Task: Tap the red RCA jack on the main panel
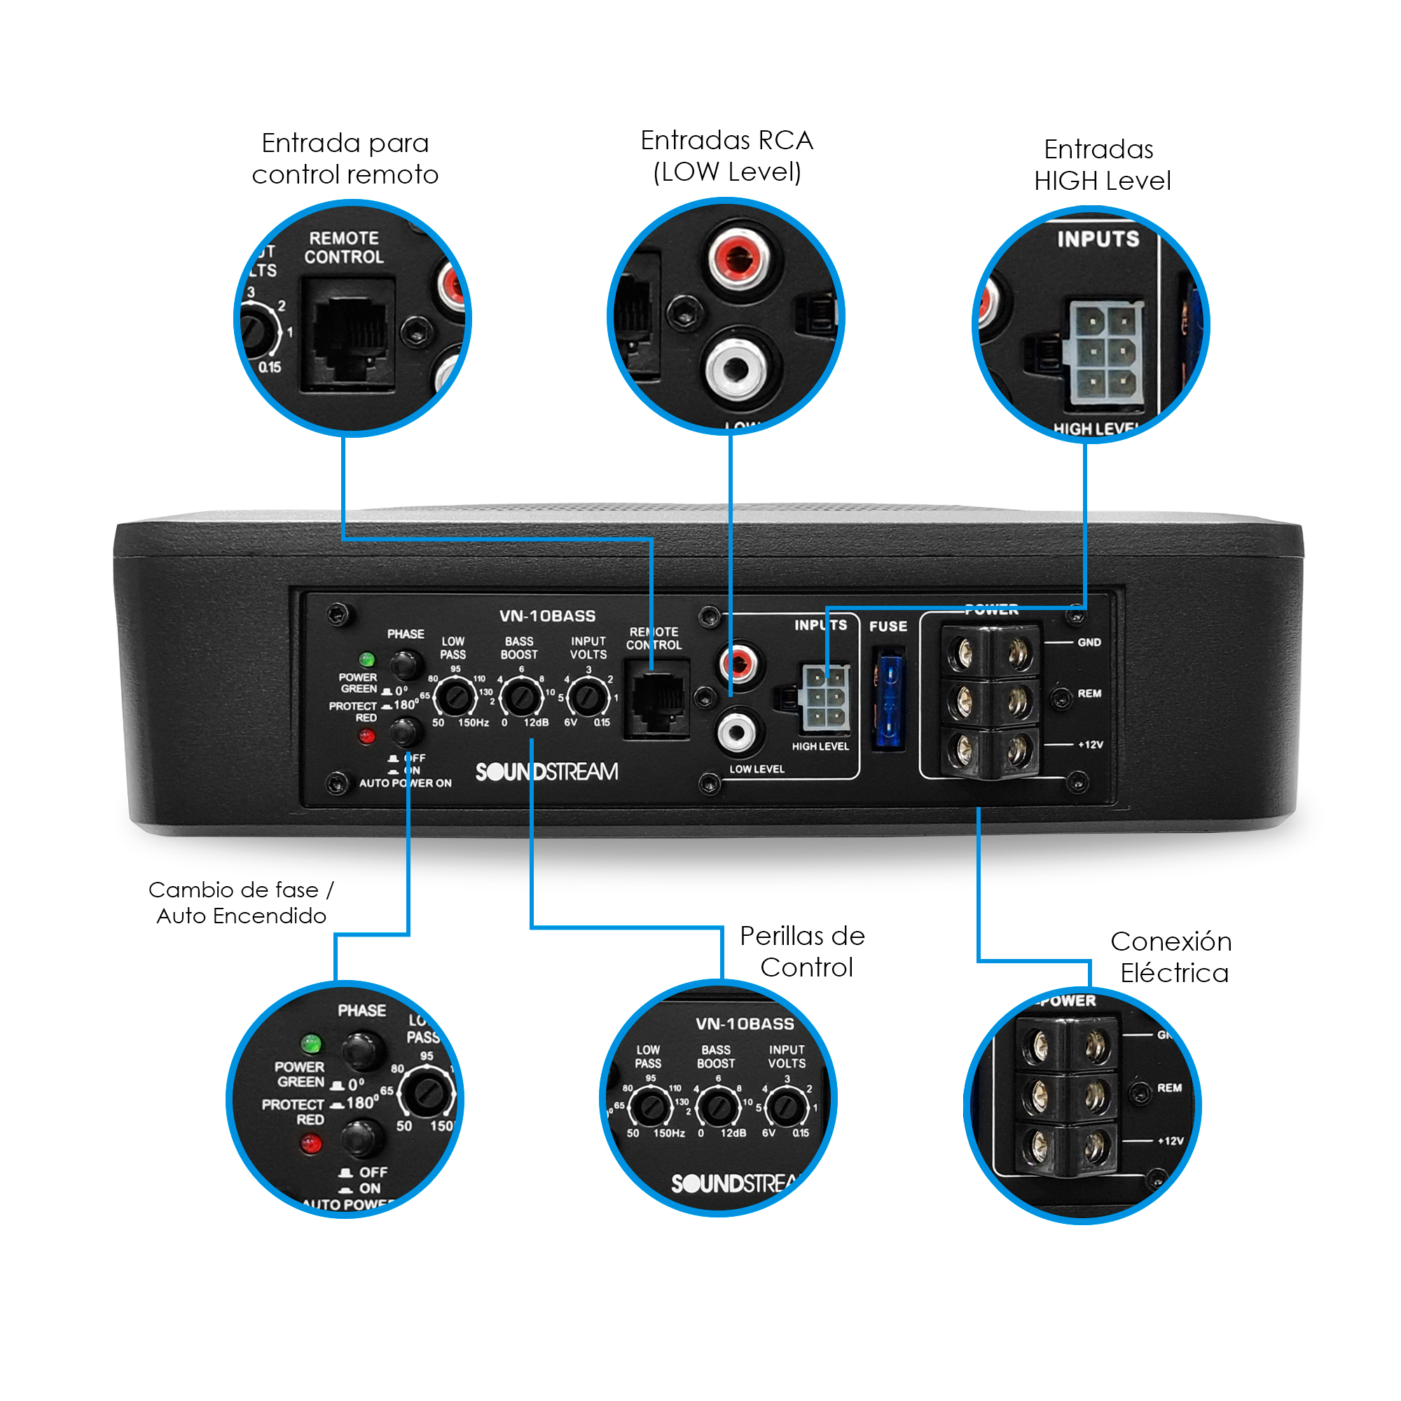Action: [738, 663]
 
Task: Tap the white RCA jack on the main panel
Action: [737, 732]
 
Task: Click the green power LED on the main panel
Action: [367, 660]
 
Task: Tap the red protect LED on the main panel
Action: [367, 737]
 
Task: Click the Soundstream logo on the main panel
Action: [547, 771]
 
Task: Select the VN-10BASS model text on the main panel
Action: [548, 616]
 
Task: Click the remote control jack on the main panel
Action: [657, 700]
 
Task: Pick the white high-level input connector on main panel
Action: [825, 698]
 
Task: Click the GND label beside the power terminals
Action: [1089, 642]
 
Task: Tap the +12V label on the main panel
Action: [1090, 745]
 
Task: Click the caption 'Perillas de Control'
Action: [803, 951]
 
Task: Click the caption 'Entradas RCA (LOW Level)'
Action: [726, 156]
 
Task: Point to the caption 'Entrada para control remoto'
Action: [345, 159]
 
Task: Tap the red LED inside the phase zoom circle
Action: [310, 1145]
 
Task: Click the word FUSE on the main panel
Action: [888, 626]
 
